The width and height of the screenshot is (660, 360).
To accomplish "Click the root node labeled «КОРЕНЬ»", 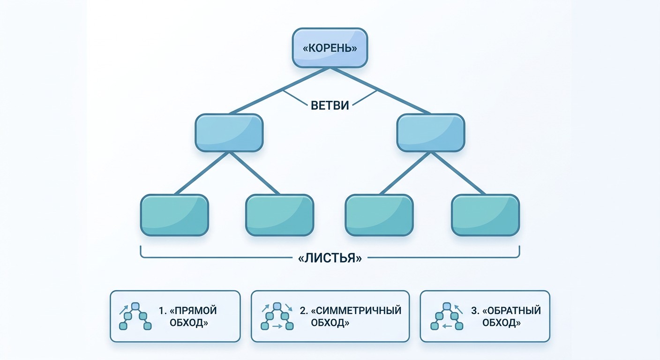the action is coord(330,48).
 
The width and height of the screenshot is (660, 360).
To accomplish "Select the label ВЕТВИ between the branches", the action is coord(330,105).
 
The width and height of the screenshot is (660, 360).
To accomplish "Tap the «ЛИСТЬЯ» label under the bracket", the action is coord(330,258).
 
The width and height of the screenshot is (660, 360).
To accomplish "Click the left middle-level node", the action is coord(229,133).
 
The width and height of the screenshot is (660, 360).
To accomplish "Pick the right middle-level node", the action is coord(431,133).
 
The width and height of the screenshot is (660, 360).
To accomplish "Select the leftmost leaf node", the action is coord(174,215).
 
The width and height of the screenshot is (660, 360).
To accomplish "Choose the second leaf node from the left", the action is coord(280,215).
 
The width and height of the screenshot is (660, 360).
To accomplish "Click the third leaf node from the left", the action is coord(379,215).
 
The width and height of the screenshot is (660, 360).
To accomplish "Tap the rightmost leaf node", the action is coord(485,215).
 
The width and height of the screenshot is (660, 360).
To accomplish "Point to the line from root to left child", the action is coord(279,91).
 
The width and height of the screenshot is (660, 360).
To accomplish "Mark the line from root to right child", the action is coord(380,91).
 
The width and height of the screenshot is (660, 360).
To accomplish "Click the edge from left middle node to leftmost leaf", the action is coord(202,173).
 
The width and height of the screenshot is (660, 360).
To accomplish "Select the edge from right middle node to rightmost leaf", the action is coord(458,173).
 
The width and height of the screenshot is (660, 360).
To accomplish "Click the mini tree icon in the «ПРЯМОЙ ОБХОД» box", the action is coord(135,316).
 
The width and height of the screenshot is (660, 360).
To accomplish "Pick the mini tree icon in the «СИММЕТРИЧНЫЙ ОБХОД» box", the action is coord(277,316).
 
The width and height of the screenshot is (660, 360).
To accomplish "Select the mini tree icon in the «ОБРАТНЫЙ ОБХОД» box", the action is coord(447,316).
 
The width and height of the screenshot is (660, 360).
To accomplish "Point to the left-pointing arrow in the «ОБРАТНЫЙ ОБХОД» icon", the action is coord(447,326).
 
